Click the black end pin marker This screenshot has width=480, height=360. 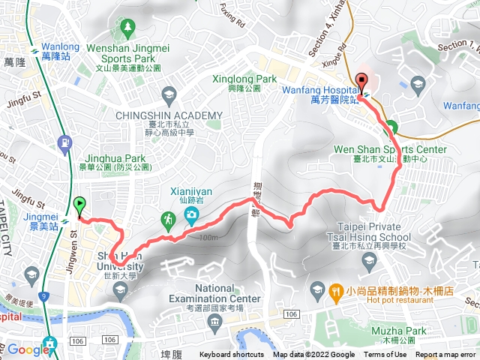361,83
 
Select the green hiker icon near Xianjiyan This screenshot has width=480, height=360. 168,219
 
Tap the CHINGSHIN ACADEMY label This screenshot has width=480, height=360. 169,115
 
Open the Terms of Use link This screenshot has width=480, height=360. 385,355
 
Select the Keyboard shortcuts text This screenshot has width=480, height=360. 231,355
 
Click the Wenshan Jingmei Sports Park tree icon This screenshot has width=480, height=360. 127,28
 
